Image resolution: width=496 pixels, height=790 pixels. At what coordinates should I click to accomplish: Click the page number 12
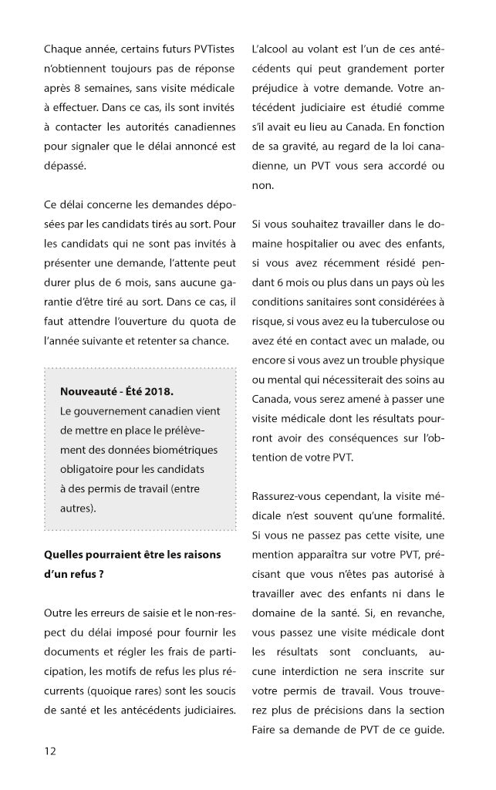coord(49,749)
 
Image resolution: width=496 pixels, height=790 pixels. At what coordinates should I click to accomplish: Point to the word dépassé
coord(66,165)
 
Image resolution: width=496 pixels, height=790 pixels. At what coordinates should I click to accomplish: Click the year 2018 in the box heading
coord(167,391)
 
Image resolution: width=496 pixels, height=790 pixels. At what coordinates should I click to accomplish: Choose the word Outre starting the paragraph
coord(59,613)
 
